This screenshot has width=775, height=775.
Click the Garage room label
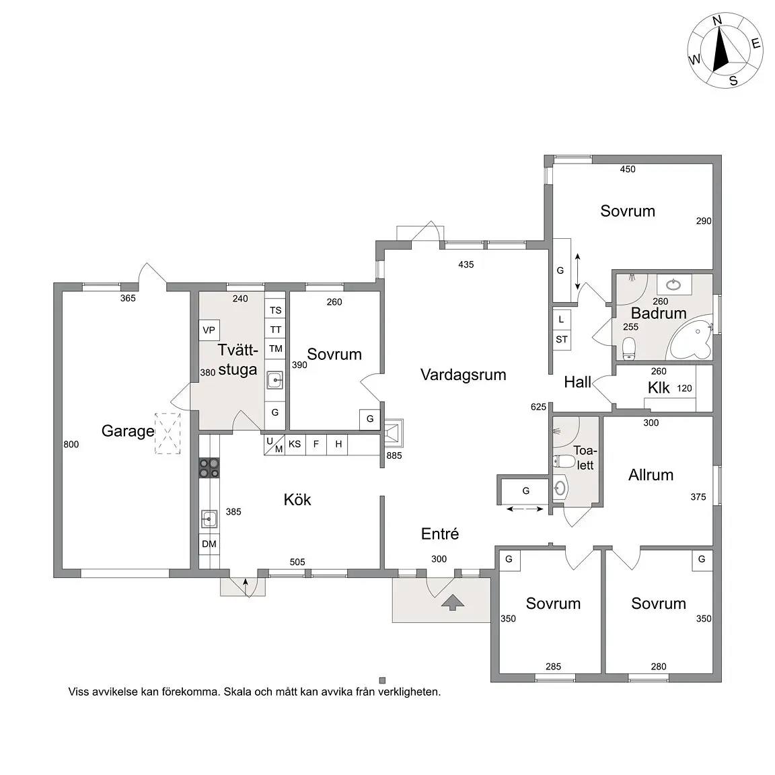128,431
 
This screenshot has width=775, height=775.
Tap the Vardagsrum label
463,375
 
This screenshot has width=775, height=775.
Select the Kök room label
297,500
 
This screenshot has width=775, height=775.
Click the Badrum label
659,313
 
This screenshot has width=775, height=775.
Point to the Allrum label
651,475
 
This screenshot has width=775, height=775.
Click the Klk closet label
659,388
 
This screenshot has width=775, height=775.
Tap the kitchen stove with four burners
209,468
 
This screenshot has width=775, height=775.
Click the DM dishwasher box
209,544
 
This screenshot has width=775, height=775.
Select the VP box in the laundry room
209,330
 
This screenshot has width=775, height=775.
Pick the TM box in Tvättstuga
275,349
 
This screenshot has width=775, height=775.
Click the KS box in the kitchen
295,444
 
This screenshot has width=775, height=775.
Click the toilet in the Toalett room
564,462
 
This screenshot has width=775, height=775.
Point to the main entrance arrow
453,603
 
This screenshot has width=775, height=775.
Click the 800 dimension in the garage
71,444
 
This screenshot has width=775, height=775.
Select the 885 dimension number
394,455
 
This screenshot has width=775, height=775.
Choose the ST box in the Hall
562,340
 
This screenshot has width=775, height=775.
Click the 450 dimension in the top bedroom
628,170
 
